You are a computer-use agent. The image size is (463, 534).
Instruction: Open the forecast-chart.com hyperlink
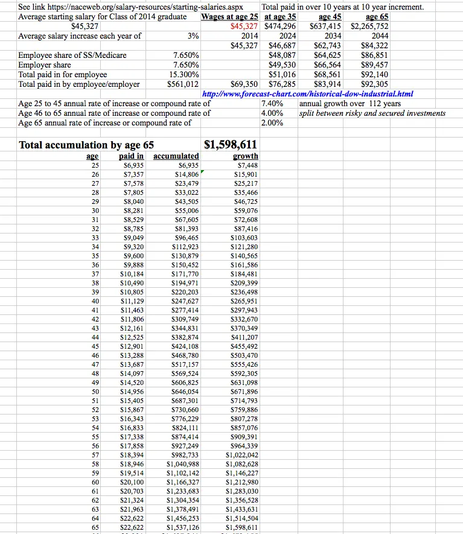pos(307,94)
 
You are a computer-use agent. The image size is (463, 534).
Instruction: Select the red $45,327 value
pos(244,27)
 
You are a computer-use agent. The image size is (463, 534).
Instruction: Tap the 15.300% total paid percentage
pos(186,75)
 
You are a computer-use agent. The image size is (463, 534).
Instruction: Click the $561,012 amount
pos(184,84)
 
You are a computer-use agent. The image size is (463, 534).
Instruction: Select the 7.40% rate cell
pos(272,104)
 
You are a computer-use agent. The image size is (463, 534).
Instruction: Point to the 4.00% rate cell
pos(272,113)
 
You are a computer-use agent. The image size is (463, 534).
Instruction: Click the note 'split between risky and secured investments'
pos(372,113)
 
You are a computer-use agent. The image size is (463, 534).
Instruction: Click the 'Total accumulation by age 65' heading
pos(86,145)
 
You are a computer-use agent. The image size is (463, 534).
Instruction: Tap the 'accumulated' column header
pos(176,156)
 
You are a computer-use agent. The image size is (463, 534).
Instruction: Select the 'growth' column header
pos(245,156)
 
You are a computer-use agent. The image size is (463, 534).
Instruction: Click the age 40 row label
pos(95,301)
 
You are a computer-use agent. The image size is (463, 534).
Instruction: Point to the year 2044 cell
pos(380,36)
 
